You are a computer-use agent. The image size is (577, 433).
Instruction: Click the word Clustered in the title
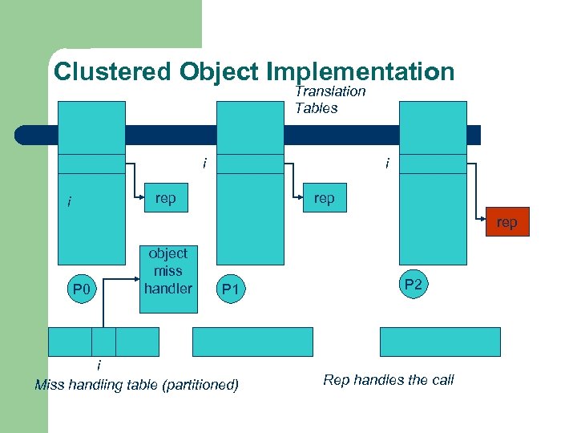113,71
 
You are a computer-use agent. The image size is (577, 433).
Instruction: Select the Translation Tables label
329,99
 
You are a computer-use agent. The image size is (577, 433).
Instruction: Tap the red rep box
506,222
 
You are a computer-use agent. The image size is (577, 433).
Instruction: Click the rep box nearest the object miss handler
166,198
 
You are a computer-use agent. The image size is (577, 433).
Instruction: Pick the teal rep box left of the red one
324,198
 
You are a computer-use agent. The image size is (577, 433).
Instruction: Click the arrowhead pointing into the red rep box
483,216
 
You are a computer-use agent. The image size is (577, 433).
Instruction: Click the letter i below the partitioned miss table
99,366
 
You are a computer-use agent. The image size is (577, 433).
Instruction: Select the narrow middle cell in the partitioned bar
103,342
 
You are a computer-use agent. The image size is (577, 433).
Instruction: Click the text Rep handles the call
388,380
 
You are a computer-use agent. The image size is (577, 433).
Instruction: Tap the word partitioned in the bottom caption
200,385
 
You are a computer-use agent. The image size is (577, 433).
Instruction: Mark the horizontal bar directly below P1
252,342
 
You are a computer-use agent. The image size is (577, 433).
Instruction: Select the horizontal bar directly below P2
439,342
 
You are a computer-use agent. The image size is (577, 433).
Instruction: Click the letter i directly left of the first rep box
70,201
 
